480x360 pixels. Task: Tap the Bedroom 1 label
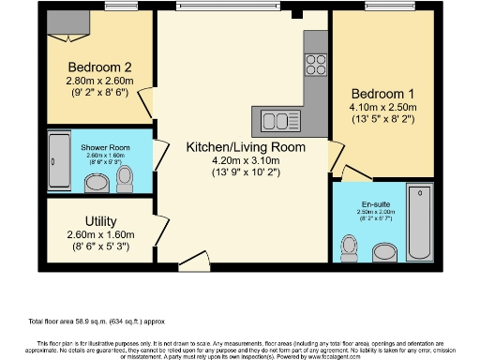pyautogui.click(x=382, y=94)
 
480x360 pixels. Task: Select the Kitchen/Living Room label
pyautogui.click(x=246, y=147)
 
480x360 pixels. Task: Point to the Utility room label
pyautogui.click(x=99, y=220)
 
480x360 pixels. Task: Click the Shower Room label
pyautogui.click(x=104, y=147)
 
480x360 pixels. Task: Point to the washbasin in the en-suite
pyautogui.click(x=383, y=251)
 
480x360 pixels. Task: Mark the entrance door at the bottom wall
pyautogui.click(x=195, y=260)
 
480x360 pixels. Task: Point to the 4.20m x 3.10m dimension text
pyautogui.click(x=246, y=159)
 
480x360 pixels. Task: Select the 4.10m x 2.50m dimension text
pyautogui.click(x=382, y=107)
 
